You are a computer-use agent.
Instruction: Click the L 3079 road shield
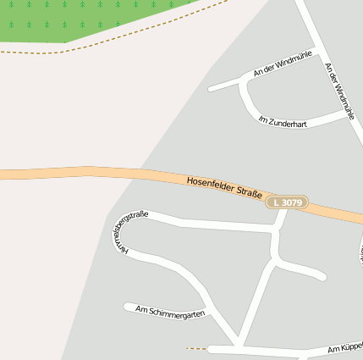287,203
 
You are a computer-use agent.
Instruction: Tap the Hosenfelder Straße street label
223,187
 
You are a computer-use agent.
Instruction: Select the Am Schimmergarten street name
170,312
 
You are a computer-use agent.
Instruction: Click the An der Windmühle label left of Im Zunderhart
283,64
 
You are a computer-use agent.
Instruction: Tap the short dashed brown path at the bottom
196,348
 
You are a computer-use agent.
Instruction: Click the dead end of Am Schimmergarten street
127,306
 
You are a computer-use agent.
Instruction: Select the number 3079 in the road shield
291,203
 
